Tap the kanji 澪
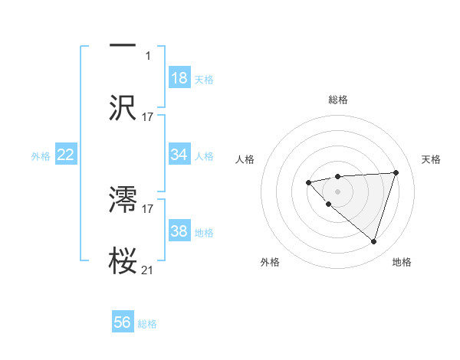123,199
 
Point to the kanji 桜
123,261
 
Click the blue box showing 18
179,78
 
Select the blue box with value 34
179,155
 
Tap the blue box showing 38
179,231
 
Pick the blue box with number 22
65,155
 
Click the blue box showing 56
123,322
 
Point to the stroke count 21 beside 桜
147,270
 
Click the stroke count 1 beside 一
147,56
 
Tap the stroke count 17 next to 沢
147,117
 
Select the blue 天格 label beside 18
203,80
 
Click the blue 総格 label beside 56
147,324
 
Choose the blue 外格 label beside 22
41,156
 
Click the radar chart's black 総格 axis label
337,100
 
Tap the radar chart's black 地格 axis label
402,262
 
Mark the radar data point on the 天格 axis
396,172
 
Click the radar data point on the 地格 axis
373,241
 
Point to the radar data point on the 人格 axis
308,182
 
